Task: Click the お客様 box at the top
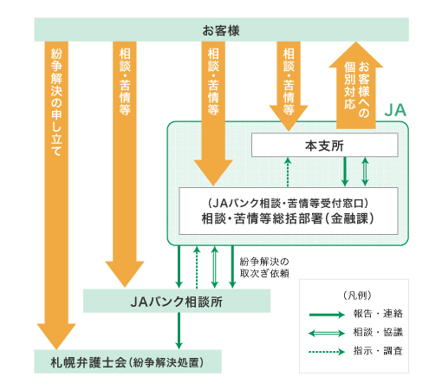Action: click(221, 29)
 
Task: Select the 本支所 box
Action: click(325, 145)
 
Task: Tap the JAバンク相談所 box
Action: click(177, 301)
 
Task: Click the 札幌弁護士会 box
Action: click(127, 361)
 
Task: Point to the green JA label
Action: click(395, 110)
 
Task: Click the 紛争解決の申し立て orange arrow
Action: click(56, 195)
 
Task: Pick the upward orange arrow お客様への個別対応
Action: click(356, 85)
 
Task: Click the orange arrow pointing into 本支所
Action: click(289, 86)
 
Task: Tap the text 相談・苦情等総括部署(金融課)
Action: click(288, 218)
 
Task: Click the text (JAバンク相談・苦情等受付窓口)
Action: click(288, 204)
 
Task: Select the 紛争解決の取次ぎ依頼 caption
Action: click(264, 268)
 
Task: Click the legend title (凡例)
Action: click(357, 296)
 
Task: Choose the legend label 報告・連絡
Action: click(378, 314)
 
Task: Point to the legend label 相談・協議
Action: click(378, 333)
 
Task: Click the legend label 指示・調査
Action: click(378, 351)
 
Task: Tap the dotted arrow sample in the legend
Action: click(327, 352)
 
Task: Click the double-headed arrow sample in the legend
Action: click(327, 334)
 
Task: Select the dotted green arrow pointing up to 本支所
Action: click(288, 172)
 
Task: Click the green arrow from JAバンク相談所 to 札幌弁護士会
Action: click(179, 331)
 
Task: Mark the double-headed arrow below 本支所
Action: click(365, 172)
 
